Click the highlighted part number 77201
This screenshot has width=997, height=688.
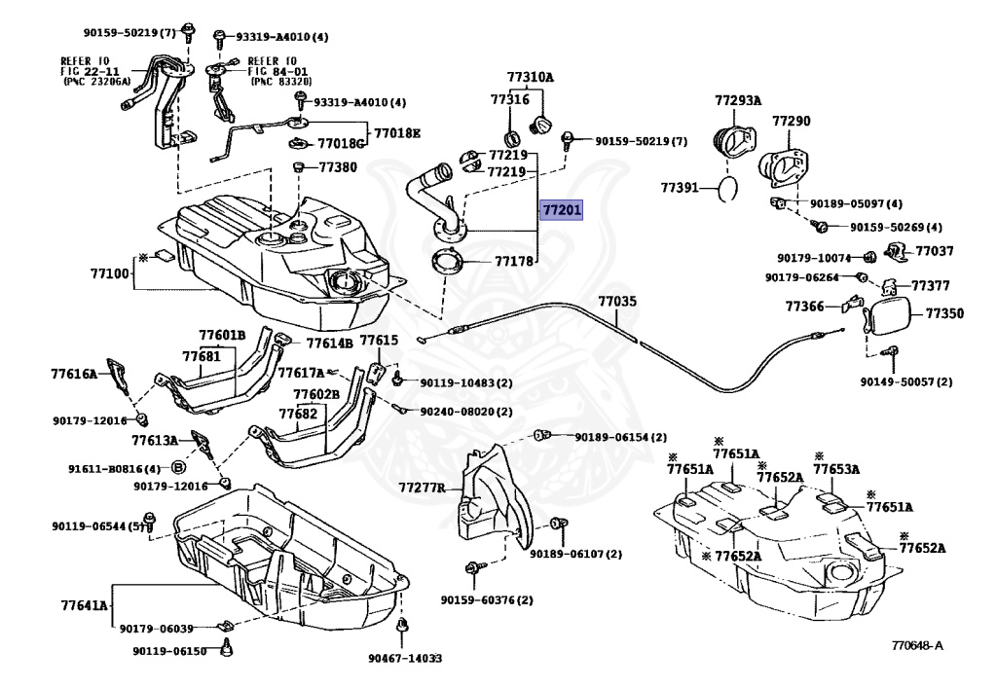click(x=561, y=209)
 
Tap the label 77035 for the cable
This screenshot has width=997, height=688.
click(x=616, y=301)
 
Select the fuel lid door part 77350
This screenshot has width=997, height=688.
click(x=889, y=316)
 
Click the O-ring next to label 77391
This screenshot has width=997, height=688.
click(x=728, y=189)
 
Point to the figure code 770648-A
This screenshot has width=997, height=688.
click(x=917, y=646)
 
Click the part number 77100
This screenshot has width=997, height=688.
click(x=109, y=273)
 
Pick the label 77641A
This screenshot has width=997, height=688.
click(x=85, y=604)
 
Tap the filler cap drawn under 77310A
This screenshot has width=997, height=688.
click(x=540, y=125)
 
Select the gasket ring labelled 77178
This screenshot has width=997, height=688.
click(x=447, y=261)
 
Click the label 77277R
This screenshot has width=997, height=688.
click(x=422, y=488)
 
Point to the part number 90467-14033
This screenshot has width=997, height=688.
click(x=405, y=658)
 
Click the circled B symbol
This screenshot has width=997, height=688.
click(x=179, y=468)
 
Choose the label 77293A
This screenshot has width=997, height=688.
click(x=738, y=100)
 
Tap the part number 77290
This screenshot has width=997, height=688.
click(x=791, y=121)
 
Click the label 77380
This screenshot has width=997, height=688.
click(x=338, y=167)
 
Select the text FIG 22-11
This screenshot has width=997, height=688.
click(x=90, y=71)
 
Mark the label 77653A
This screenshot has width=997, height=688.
click(x=836, y=469)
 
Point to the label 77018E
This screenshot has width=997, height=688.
click(x=397, y=133)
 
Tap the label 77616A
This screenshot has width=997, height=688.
click(x=74, y=375)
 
